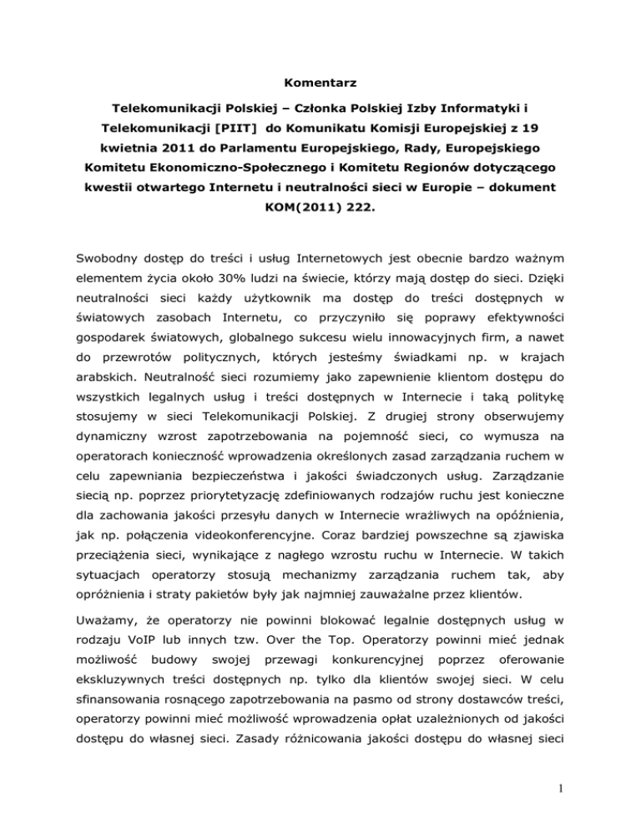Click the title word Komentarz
pyautogui.click(x=320, y=84)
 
